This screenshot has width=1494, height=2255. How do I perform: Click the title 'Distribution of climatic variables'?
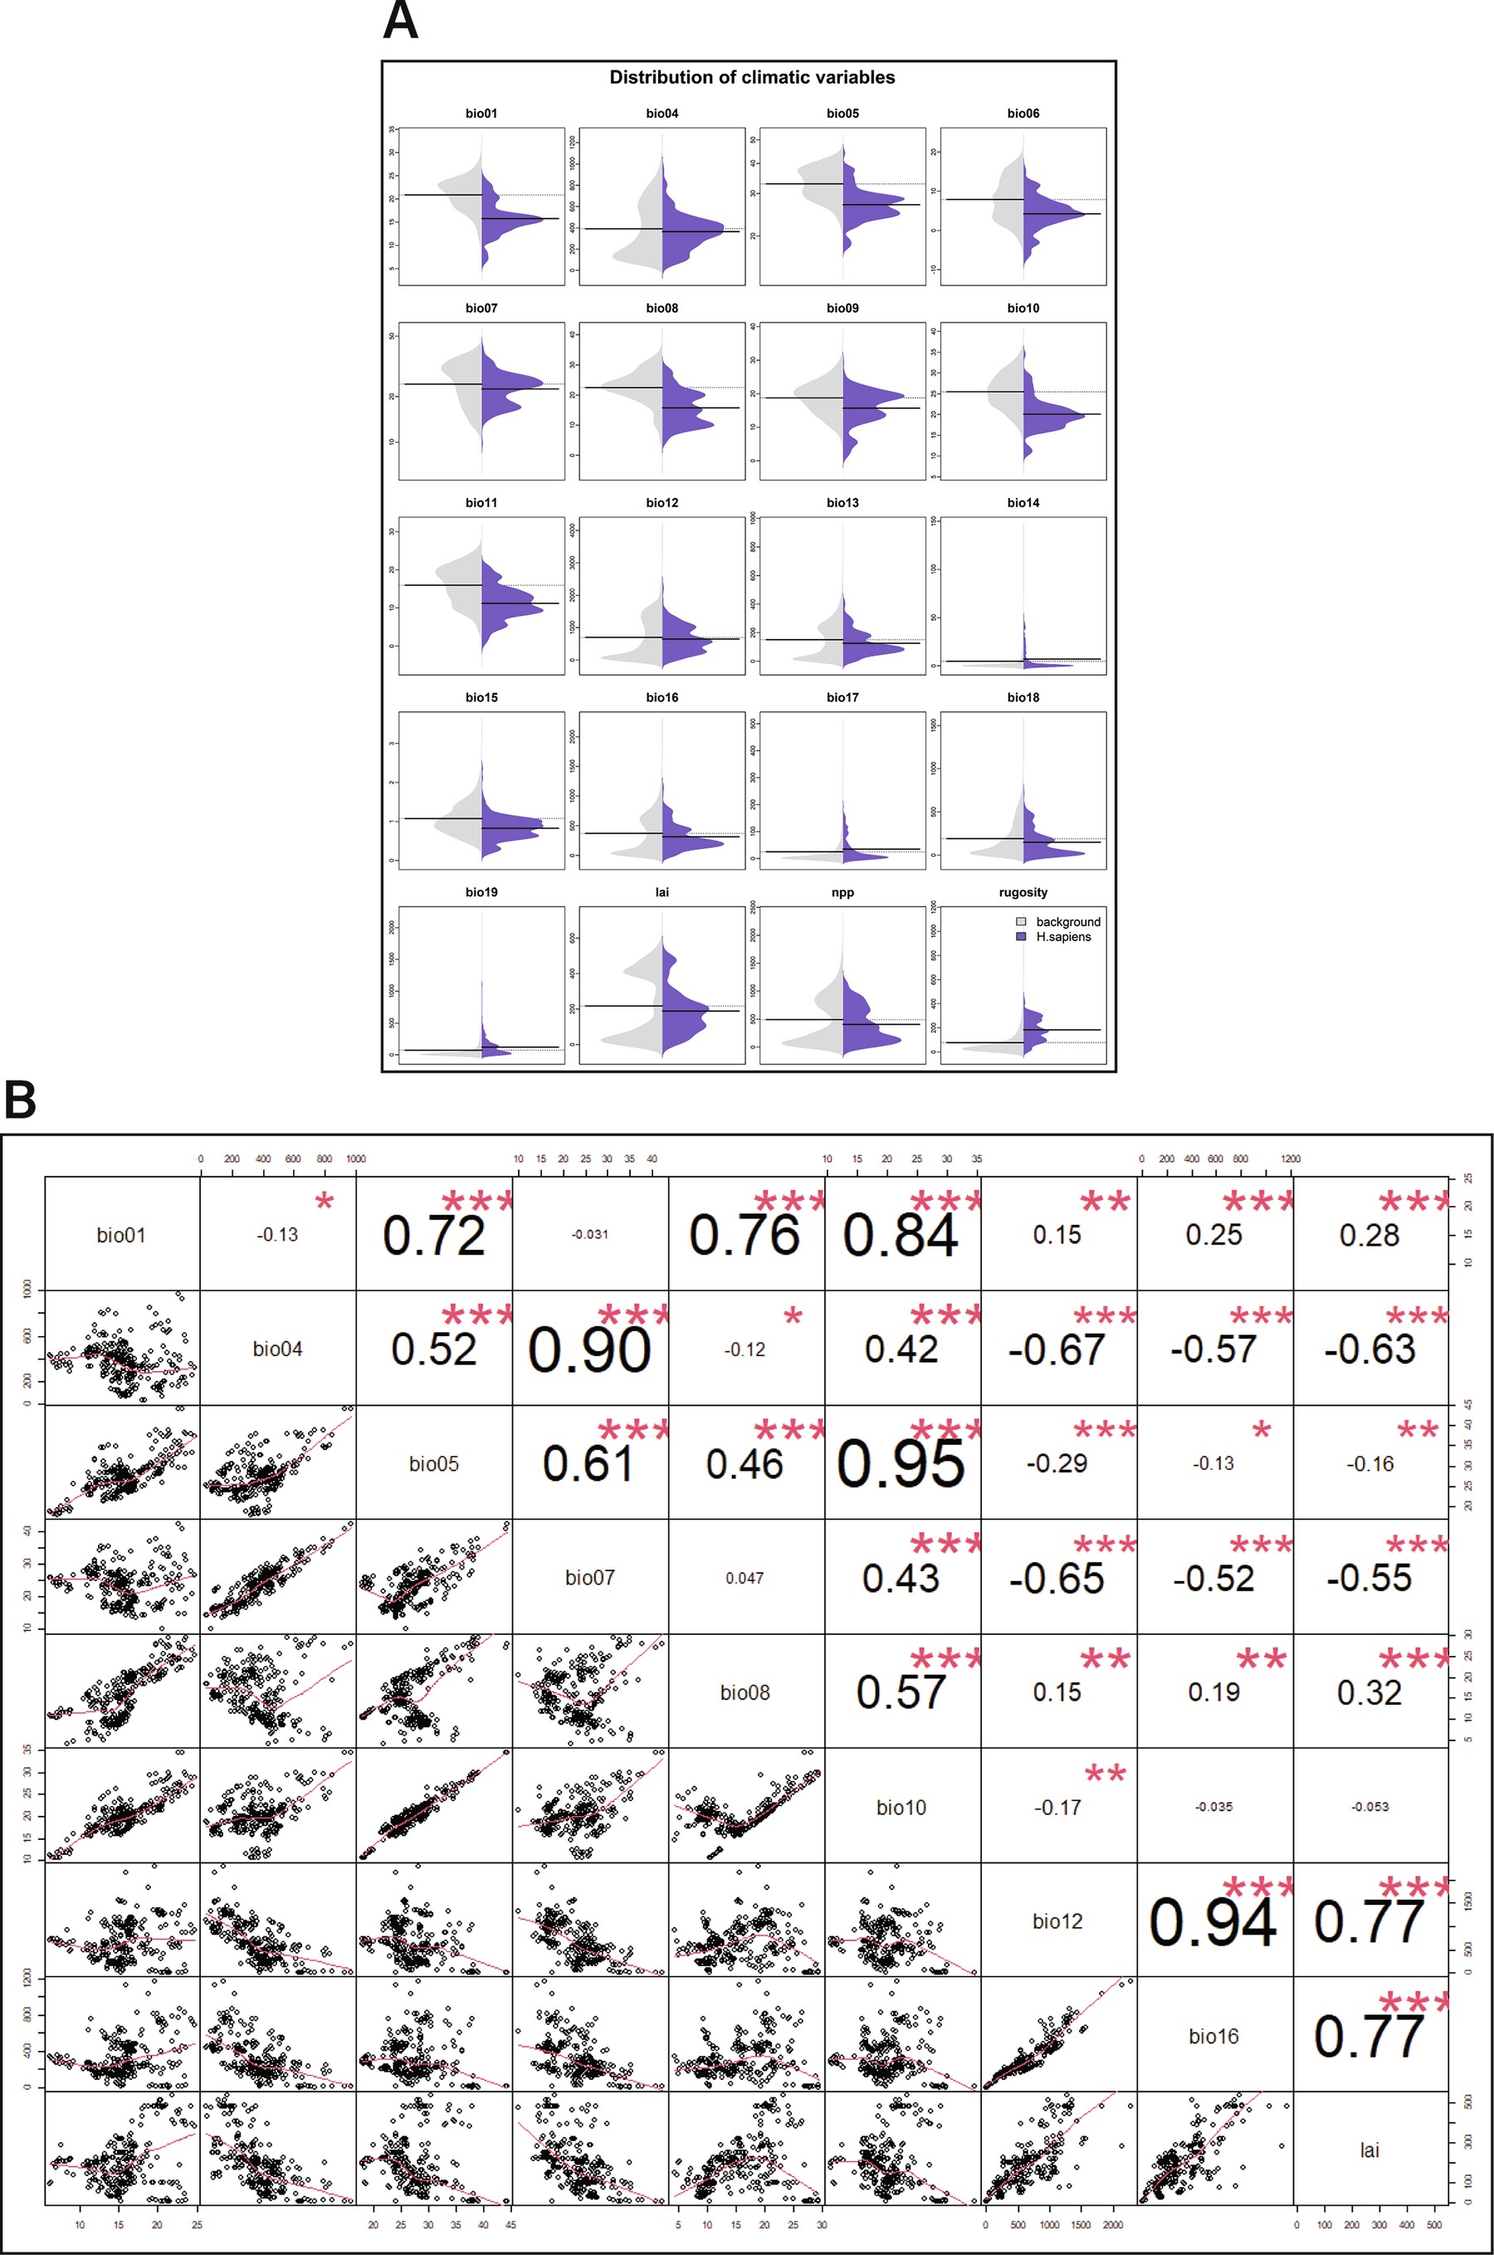coord(752,78)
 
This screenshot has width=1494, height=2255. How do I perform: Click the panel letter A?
coord(400,21)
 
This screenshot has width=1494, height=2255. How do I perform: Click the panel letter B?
coord(20,1101)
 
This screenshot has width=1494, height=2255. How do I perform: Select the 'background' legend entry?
coord(1067,921)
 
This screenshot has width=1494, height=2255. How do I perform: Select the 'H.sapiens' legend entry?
coord(1062,936)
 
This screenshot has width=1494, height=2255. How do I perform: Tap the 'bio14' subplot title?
coord(1023,503)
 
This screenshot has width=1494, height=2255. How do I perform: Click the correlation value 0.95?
coord(901,1464)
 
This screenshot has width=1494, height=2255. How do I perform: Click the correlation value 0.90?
coord(590,1350)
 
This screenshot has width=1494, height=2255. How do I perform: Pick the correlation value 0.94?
coord(1212,1922)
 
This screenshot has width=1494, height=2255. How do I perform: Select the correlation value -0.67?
coord(1057,1350)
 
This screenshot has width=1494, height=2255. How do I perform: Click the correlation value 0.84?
coord(901,1236)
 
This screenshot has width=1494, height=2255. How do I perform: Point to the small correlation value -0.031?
coord(590,1235)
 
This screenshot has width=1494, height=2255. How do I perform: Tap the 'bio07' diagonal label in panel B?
coord(590,1578)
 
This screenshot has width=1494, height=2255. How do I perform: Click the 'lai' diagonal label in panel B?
coord(1369,2150)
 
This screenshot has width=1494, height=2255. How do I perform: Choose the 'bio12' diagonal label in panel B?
coord(1057,1921)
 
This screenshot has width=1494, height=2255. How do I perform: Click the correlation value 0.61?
coord(588,1464)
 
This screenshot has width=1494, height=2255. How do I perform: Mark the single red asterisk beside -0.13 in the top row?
coord(325,1203)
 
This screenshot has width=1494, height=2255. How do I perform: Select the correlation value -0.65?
coord(1057,1579)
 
